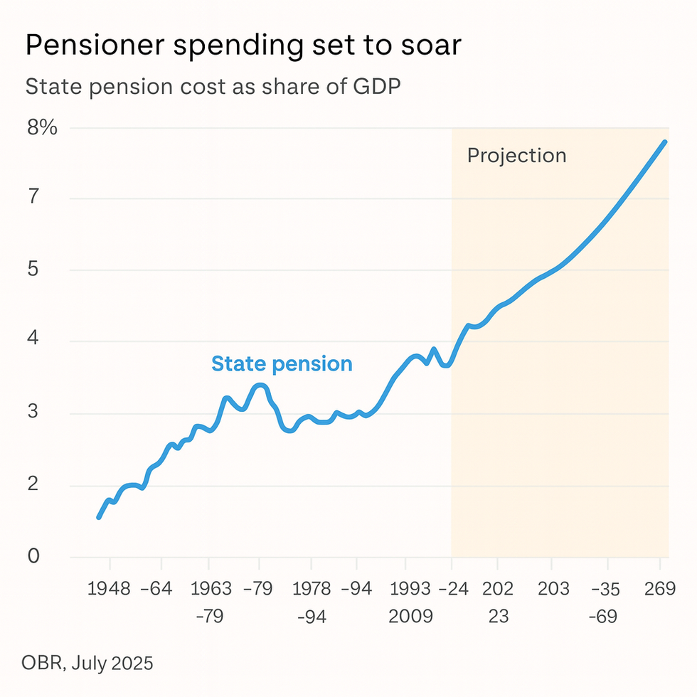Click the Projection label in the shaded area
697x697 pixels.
(x=516, y=155)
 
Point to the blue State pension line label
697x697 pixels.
(x=282, y=364)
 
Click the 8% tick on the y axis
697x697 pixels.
(x=43, y=128)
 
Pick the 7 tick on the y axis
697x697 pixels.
(x=33, y=198)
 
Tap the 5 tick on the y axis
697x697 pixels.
(x=33, y=270)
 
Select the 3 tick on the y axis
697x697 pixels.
(x=33, y=413)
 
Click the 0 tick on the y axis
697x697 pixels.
(x=33, y=556)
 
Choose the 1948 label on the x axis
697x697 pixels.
(x=110, y=589)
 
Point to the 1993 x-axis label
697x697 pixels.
(x=410, y=589)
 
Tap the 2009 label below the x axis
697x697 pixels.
(x=410, y=616)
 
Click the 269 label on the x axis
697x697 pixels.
(x=659, y=589)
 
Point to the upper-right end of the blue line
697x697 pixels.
(x=665, y=142)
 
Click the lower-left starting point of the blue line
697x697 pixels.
(x=99, y=517)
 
